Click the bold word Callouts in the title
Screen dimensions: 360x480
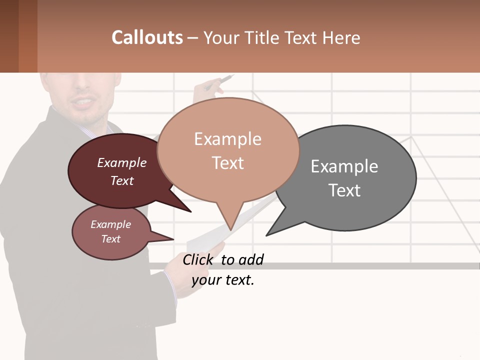(147, 37)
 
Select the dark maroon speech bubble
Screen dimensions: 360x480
(115, 170)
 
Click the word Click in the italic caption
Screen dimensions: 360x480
(198, 259)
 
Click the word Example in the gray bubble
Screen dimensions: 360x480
(344, 166)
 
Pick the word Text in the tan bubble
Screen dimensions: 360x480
(228, 163)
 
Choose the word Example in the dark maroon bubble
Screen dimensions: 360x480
(122, 163)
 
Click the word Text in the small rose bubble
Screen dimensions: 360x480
(111, 239)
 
